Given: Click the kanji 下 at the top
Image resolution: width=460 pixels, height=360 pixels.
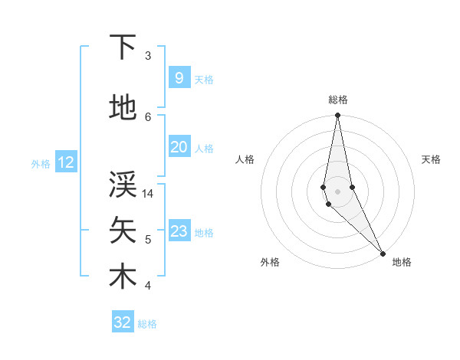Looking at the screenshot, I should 123,48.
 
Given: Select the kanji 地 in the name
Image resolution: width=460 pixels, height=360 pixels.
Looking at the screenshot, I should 123,108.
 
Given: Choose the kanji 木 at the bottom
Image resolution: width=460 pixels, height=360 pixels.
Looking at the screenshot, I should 123,277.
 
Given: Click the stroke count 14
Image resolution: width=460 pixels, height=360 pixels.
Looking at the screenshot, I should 148,194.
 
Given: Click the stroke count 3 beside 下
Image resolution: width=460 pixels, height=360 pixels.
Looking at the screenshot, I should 147,56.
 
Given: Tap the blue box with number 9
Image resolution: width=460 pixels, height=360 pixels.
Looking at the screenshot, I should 179,78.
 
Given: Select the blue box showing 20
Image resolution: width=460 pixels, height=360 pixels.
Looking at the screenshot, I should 179,147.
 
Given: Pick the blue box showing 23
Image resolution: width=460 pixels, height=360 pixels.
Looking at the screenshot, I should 179,231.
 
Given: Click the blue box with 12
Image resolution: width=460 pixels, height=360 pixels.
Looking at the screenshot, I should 65,162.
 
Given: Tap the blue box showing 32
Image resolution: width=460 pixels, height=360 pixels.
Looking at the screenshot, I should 122,322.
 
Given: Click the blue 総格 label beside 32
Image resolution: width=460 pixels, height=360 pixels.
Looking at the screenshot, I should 147,324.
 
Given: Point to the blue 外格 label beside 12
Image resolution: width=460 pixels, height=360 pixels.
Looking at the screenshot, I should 40,163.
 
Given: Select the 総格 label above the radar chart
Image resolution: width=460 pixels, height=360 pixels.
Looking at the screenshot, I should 338,100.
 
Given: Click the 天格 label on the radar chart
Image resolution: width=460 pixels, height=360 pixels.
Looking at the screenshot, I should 431,159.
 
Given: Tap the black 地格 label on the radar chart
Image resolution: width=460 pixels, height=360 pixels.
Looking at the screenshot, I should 402,263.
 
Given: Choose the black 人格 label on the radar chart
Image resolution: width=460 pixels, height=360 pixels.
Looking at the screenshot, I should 245,159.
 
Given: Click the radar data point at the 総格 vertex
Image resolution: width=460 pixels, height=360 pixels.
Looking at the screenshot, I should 338,116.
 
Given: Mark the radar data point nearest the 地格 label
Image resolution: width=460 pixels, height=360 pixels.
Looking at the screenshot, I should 383,252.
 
